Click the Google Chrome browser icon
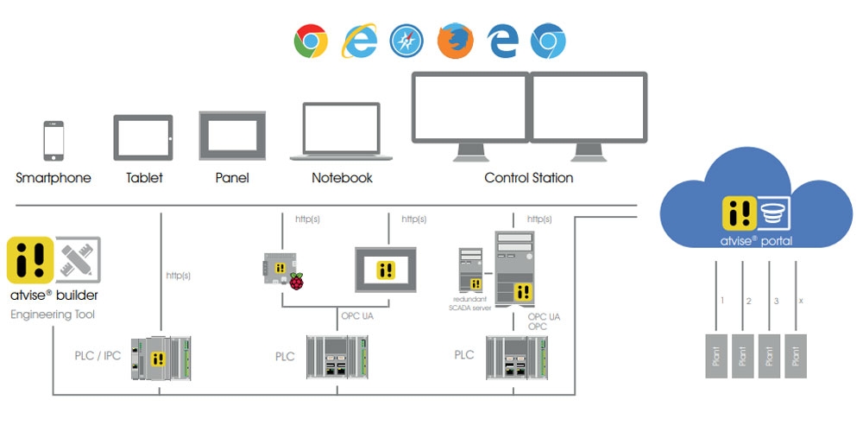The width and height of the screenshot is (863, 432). point(311,41)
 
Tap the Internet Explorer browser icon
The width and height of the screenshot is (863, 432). point(359,41)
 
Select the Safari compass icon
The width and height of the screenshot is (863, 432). point(406,41)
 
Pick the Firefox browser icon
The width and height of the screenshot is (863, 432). point(455,41)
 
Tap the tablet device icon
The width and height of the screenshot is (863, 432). point(143,138)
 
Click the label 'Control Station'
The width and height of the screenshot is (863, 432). point(529,178)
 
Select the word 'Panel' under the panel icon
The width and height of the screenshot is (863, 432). point(232,178)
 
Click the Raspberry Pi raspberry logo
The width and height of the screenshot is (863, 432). point(296,281)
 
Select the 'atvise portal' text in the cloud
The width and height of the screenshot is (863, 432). point(757,241)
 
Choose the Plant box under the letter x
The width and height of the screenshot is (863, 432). point(795,354)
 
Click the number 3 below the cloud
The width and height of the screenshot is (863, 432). point(776,301)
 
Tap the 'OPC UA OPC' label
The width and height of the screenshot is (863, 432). point(544,322)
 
